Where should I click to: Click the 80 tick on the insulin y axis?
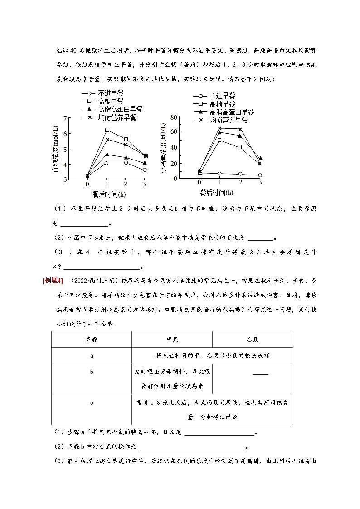[x=173, y=117]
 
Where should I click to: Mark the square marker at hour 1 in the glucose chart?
[x=107, y=130]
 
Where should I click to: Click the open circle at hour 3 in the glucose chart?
[x=145, y=170]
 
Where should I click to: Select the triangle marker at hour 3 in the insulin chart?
[x=260, y=159]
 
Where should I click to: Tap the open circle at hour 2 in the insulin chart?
[x=240, y=174]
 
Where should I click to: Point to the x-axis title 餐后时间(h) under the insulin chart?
[x=217, y=193]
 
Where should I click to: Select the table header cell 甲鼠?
[x=172, y=339]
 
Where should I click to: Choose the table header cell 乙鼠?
[x=252, y=339]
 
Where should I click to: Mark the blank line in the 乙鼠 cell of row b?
[x=260, y=374]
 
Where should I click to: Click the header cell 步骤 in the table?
[x=92, y=339]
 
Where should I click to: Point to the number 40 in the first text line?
[x=75, y=50]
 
